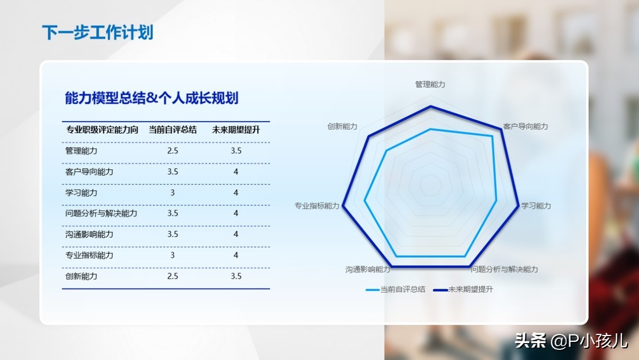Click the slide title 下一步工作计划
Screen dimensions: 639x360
[98, 32]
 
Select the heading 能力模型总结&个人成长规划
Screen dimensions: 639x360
[151, 98]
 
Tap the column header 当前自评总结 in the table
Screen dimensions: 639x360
[173, 130]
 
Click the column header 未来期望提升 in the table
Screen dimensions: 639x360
[236, 130]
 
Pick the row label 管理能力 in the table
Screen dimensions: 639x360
[81, 151]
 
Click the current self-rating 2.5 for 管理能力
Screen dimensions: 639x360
[173, 151]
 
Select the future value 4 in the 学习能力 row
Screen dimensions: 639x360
[235, 193]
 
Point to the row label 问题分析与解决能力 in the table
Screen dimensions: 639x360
[101, 214]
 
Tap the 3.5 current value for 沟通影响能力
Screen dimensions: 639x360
[173, 234]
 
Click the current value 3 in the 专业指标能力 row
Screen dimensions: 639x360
[173, 255]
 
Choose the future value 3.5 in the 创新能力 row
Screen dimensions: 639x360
[236, 276]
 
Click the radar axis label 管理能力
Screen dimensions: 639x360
[430, 85]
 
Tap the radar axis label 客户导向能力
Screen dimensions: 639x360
[525, 126]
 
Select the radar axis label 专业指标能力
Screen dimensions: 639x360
[317, 206]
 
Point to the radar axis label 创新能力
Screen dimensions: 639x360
[342, 126]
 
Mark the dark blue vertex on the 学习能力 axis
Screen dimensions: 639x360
[518, 206]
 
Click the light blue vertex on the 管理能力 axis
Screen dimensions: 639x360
[431, 129]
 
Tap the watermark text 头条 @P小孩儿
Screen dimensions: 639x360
[571, 341]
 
